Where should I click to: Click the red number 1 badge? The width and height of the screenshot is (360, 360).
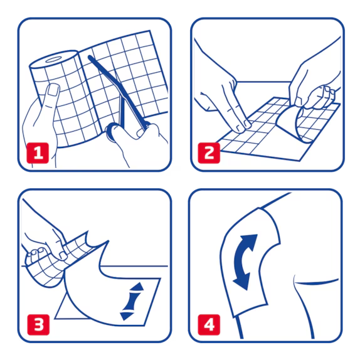[38, 153]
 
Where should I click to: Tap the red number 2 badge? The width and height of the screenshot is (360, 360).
[209, 153]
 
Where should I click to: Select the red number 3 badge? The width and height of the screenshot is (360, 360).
[38, 325]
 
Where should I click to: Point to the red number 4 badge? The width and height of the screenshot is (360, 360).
[209, 325]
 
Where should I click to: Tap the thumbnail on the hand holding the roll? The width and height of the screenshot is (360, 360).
[55, 90]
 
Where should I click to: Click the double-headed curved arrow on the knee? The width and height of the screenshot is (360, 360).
[245, 262]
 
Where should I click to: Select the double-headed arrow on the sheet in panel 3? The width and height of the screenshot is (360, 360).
[132, 301]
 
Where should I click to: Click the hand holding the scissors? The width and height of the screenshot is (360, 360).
[135, 142]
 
